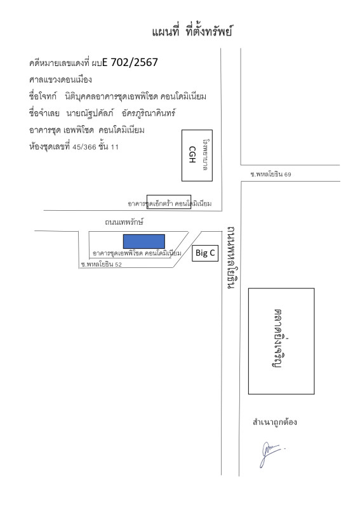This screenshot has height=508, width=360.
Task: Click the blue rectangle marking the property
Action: pos(144,241)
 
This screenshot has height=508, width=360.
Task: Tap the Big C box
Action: pos(205,253)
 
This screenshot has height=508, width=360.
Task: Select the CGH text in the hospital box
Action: pos(192,154)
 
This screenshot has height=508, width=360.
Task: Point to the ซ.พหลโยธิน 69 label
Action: pos(270,174)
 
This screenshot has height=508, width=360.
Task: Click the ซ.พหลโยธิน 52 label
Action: pos(102,264)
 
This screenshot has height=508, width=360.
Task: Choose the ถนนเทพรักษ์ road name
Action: pos(124,222)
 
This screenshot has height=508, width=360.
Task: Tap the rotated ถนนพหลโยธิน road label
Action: pos(231,258)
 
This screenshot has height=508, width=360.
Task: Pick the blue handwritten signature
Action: pos(272,454)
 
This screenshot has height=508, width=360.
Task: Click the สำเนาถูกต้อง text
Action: pos(275,422)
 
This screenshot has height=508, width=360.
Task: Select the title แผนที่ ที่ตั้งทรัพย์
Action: pos(192,31)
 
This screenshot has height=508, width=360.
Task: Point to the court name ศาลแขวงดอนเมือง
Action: pos(60,80)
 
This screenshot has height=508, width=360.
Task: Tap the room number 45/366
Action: pos(84,147)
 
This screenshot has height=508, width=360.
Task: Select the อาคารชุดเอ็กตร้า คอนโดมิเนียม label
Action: pos(170,204)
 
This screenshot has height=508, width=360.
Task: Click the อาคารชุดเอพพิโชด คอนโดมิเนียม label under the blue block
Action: pos(137,253)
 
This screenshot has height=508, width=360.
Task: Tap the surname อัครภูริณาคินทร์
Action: pos(149,113)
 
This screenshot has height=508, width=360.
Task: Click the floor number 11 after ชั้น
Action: pos(115,147)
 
